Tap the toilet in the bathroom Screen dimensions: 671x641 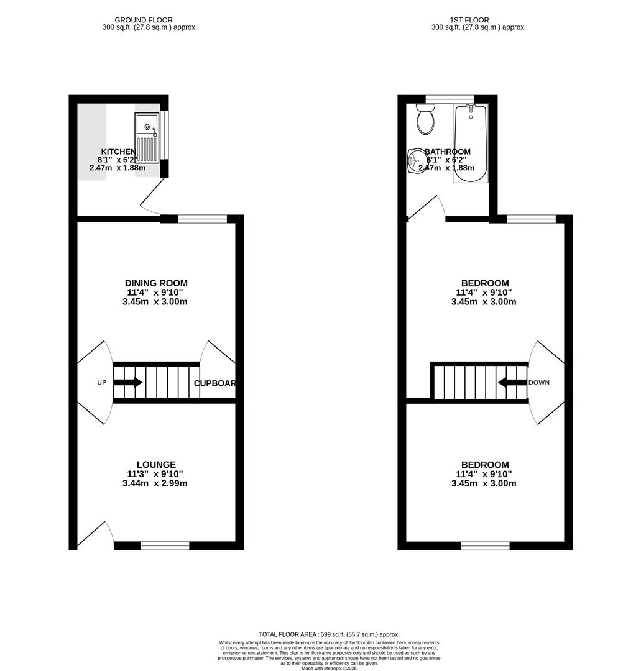[x=426, y=119]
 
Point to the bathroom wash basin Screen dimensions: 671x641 [x=415, y=160]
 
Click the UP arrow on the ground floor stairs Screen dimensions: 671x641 [x=128, y=383]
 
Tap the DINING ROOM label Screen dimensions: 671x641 [x=156, y=283]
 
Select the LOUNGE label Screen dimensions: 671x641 [x=156, y=465]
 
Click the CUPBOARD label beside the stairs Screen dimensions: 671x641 [x=214, y=383]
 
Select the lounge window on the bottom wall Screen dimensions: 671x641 [x=165, y=545]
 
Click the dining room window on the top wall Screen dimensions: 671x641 [x=203, y=218]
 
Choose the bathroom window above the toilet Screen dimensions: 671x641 [x=450, y=98]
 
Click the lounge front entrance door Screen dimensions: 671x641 [x=96, y=534]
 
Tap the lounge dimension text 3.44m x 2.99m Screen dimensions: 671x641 [x=156, y=483]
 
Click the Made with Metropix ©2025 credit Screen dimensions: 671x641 [x=329, y=668]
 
